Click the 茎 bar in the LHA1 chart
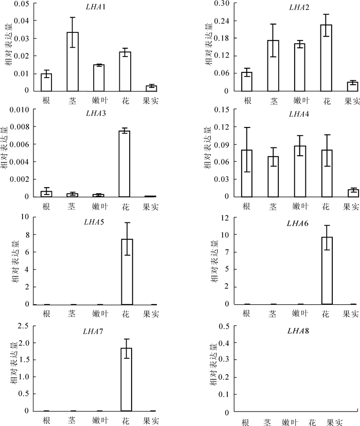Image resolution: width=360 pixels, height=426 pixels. click(73, 62)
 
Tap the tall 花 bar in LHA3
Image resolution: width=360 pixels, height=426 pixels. click(124, 164)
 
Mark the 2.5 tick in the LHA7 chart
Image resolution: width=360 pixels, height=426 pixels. click(22, 326)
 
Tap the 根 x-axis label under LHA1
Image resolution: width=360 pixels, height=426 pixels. click(46, 100)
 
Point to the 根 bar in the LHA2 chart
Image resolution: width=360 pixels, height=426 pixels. click(247, 81)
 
